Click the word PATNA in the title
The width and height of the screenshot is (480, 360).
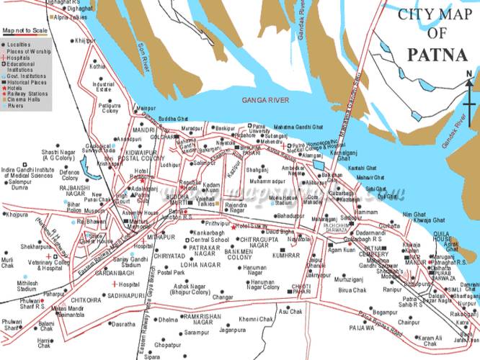(x=432, y=54)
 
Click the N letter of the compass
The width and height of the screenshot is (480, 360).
(x=469, y=73)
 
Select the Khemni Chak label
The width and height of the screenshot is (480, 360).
(x=256, y=318)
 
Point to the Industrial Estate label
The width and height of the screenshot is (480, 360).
(x=104, y=87)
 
